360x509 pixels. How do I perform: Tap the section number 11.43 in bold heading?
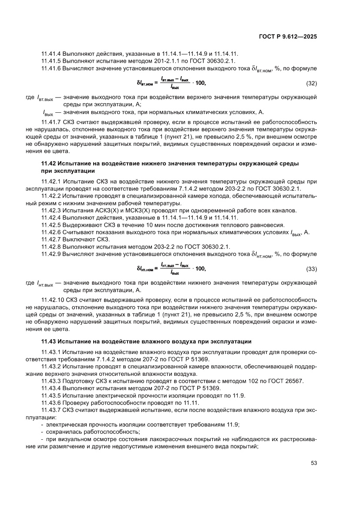pyautogui.click(x=49, y=340)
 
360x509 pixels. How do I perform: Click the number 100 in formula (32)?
pyautogui.click(x=200, y=83)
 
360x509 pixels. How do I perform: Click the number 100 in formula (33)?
pyautogui.click(x=200, y=269)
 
